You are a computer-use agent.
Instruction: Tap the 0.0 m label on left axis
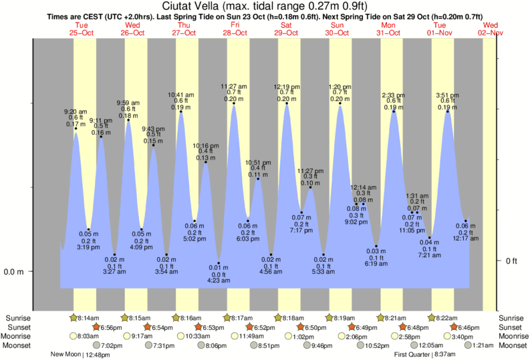(x=14, y=272)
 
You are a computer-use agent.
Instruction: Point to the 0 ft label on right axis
(x=511, y=261)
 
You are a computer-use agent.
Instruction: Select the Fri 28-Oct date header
(x=235, y=29)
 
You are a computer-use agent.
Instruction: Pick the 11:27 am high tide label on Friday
(x=234, y=86)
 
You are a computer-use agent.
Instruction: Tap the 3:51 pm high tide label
(x=448, y=95)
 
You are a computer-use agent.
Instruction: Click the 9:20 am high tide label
(x=76, y=112)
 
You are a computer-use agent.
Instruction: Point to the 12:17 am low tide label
(x=466, y=238)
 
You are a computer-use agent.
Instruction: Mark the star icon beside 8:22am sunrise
(x=432, y=318)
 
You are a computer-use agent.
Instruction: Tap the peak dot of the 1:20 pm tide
(x=340, y=104)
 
